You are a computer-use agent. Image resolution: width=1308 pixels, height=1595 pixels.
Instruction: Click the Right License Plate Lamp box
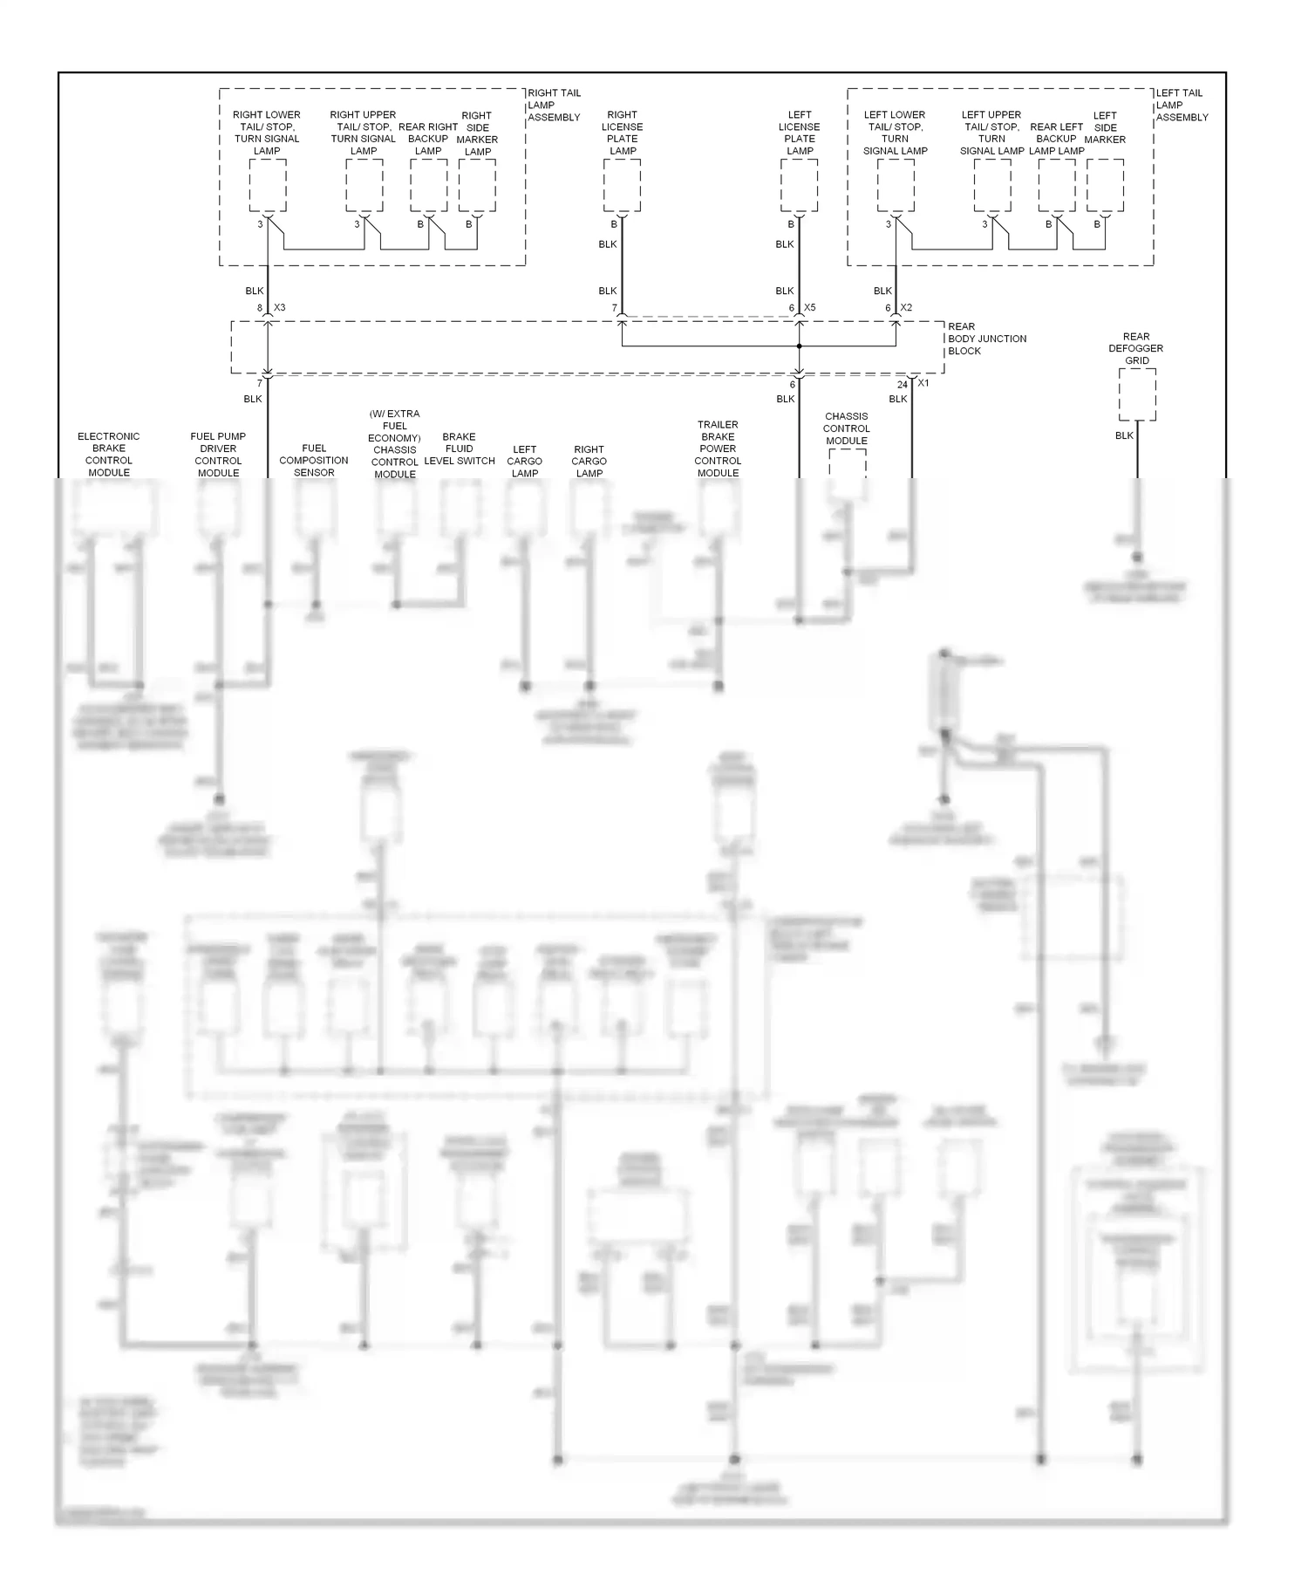tap(622, 185)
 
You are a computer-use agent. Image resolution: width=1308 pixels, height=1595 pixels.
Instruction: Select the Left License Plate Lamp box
tap(799, 185)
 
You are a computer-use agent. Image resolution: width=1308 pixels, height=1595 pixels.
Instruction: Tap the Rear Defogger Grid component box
tap(1137, 394)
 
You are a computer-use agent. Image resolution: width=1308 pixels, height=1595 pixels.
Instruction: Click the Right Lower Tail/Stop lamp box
tap(267, 185)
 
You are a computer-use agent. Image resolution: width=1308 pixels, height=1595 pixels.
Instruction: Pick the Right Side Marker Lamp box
tap(477, 185)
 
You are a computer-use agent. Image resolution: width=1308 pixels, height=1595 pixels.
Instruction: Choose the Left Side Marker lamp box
tap(1105, 185)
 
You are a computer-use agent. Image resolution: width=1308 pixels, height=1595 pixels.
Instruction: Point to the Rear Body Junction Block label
tap(987, 339)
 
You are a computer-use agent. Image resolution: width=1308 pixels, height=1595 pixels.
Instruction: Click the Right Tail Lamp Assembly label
tap(554, 105)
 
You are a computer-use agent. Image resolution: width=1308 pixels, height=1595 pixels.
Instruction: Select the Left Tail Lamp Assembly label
tap(1182, 105)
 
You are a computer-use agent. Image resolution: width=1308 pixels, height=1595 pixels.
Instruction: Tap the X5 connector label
tap(810, 308)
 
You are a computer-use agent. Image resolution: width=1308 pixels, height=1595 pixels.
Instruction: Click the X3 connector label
tap(280, 308)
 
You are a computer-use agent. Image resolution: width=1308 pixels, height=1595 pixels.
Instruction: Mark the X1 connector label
tap(923, 383)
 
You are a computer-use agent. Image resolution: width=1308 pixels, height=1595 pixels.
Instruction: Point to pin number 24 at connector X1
tap(903, 385)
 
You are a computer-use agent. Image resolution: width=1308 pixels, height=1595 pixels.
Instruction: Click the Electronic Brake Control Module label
tap(109, 455)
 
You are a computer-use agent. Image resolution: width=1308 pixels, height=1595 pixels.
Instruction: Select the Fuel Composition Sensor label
tap(314, 461)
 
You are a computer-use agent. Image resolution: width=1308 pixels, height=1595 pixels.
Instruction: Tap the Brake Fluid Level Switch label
tap(459, 448)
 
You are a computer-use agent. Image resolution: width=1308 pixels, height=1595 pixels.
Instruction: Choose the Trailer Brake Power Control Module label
tap(718, 448)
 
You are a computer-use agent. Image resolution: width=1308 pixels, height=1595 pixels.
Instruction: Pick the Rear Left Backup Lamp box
tap(1057, 185)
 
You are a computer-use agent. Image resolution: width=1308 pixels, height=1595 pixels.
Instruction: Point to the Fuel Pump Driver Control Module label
tap(218, 455)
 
